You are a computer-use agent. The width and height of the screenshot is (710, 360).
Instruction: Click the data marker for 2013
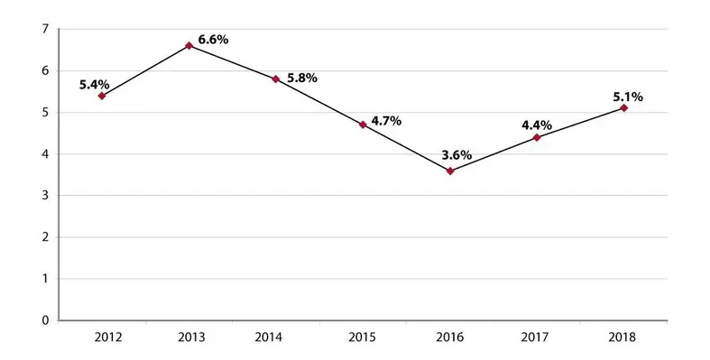pyautogui.click(x=189, y=45)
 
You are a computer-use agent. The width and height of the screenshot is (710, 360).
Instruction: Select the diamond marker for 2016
pyautogui.click(x=450, y=171)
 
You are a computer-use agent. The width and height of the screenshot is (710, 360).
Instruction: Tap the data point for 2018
pyautogui.click(x=623, y=108)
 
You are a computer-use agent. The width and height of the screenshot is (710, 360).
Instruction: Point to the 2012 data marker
pyautogui.click(x=102, y=96)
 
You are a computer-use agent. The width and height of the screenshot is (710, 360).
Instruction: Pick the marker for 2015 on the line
pyautogui.click(x=363, y=125)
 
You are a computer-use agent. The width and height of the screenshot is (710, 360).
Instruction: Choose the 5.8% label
pyautogui.click(x=301, y=78)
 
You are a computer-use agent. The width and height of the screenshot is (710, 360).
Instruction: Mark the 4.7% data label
pyautogui.click(x=386, y=120)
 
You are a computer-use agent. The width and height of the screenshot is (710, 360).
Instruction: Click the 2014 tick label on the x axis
pyautogui.click(x=276, y=337)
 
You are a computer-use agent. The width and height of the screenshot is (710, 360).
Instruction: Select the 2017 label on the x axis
pyautogui.click(x=537, y=337)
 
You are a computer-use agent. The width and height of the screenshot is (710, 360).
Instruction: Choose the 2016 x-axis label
pyautogui.click(x=450, y=337)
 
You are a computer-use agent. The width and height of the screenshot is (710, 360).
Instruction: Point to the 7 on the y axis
pyautogui.click(x=44, y=30)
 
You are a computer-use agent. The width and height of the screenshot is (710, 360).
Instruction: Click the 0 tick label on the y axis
pyautogui.click(x=44, y=320)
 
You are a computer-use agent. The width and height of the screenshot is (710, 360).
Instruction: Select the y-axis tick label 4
pyautogui.click(x=44, y=154)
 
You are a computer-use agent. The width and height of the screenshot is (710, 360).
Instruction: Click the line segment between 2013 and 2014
pyautogui.click(x=233, y=62)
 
